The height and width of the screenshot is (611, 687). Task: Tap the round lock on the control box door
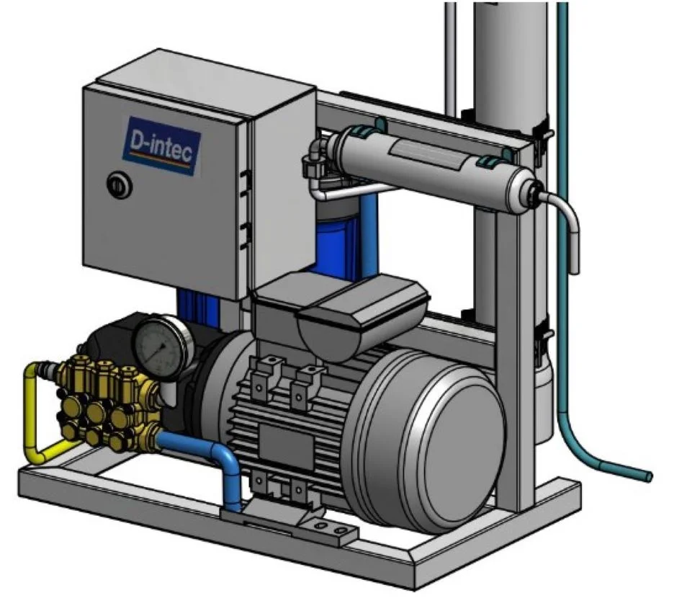coord(119,185)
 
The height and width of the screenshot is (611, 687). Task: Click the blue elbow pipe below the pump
coord(206,460)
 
